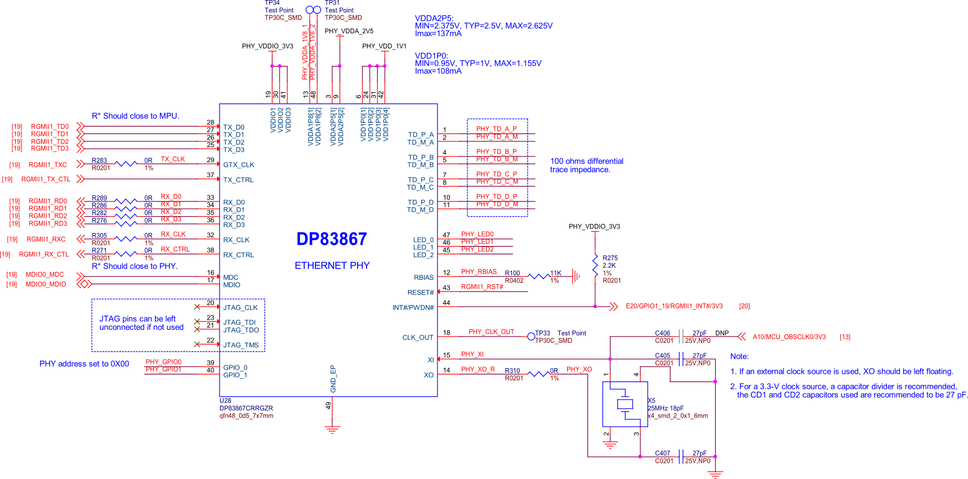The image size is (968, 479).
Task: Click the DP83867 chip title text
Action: (332, 239)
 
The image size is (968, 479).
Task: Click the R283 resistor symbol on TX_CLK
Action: (126, 164)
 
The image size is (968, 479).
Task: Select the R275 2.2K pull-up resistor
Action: (595, 265)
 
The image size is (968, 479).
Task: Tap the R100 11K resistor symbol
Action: (539, 276)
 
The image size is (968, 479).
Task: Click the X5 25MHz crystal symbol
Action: (625, 404)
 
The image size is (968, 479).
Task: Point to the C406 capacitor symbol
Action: (681, 337)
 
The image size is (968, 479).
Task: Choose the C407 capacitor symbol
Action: (681, 456)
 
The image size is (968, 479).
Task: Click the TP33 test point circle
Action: (531, 337)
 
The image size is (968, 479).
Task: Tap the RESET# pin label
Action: (421, 293)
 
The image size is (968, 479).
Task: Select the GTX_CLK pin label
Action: (239, 165)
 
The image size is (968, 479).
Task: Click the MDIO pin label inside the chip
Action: (231, 285)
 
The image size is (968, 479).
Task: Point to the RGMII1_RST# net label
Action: (482, 287)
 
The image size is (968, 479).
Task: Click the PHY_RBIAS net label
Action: (479, 272)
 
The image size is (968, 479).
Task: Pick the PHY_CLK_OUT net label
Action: (492, 332)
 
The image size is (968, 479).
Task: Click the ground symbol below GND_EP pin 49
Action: (333, 430)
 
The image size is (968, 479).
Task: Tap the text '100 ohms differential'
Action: (587, 161)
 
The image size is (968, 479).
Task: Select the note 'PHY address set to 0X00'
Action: (84, 364)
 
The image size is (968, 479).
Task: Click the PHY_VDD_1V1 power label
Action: (384, 46)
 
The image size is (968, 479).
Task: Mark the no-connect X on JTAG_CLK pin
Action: (197, 307)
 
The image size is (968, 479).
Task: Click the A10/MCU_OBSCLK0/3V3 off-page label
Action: (789, 337)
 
